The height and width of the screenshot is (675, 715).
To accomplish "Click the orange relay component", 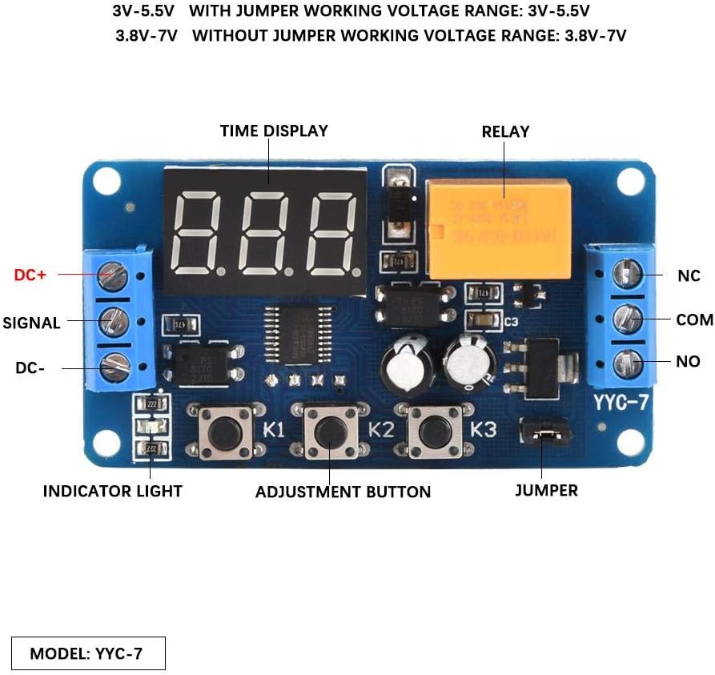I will (x=499, y=228).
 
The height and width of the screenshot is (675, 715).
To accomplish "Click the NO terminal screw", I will (x=625, y=363).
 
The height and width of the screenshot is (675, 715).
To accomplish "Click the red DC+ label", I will (x=30, y=275).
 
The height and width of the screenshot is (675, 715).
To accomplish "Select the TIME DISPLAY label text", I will (x=274, y=131).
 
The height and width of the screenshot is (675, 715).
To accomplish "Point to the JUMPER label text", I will (x=546, y=490).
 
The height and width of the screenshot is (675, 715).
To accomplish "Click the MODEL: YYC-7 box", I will (x=88, y=653).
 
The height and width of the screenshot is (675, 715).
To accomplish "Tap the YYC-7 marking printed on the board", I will (x=621, y=403).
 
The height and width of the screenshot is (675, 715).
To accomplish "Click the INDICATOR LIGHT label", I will (x=112, y=491).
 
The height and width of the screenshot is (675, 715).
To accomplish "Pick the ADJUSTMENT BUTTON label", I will (x=343, y=492).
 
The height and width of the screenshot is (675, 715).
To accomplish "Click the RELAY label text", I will (x=505, y=131).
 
